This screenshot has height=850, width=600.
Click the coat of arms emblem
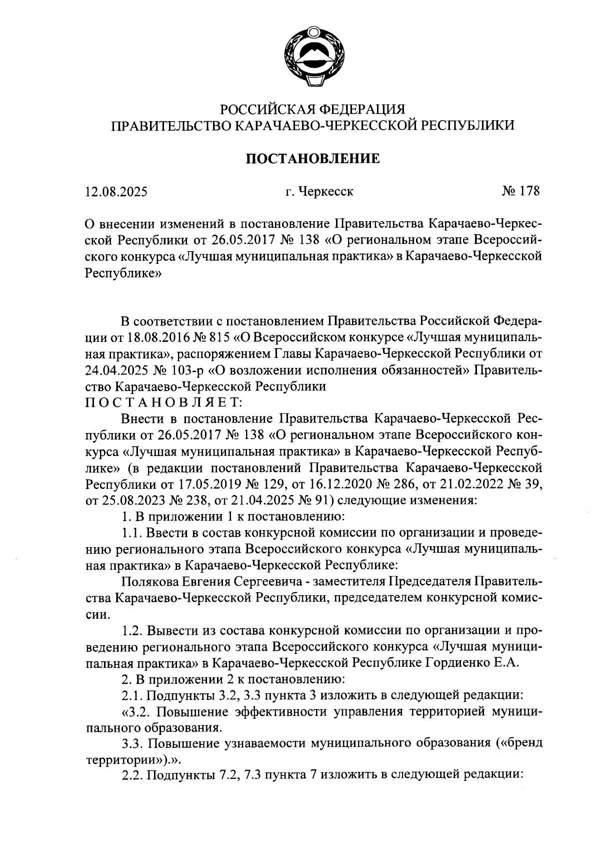(x=313, y=59)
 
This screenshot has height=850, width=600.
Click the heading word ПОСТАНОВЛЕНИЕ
(x=313, y=159)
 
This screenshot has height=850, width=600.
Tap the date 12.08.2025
(x=116, y=192)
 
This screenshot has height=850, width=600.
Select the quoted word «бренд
(x=517, y=743)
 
